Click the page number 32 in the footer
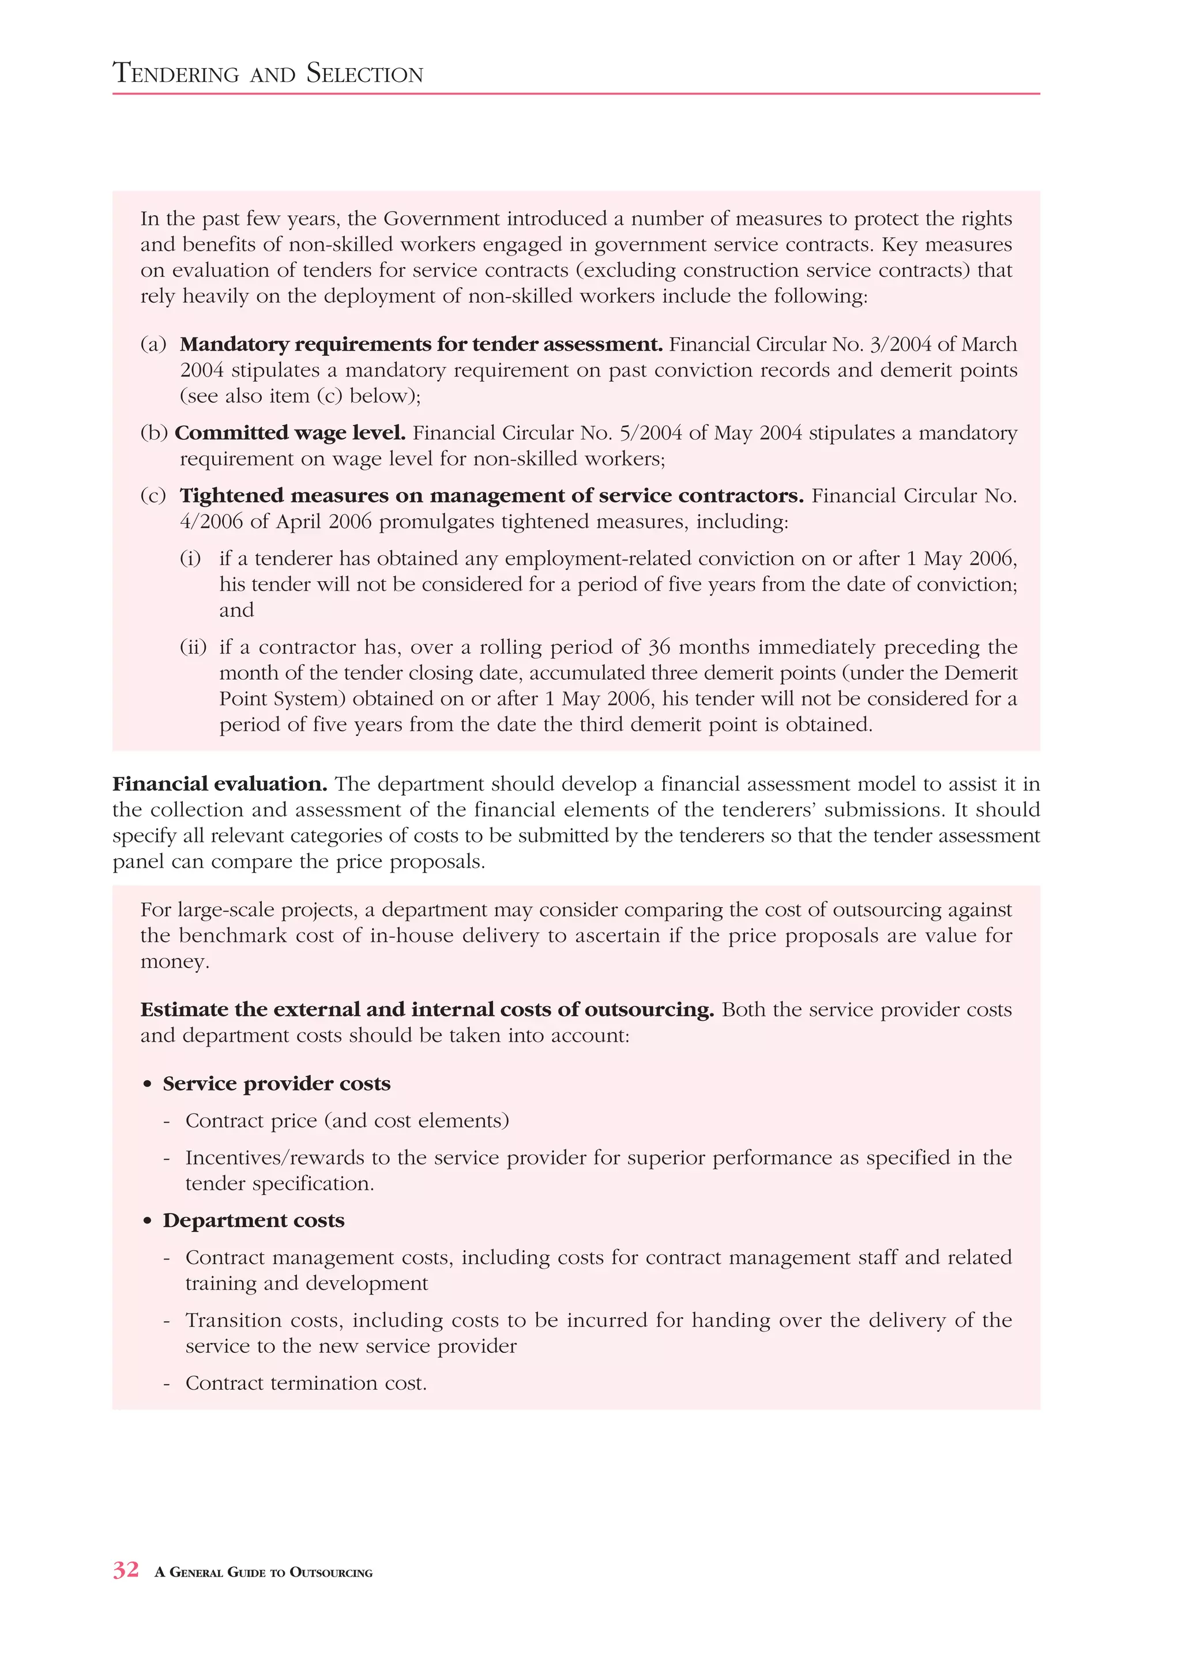coord(126,1570)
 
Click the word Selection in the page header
coord(364,73)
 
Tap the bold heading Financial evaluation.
coord(220,784)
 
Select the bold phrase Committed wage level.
coord(290,432)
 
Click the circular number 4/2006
coord(212,521)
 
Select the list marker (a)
coord(153,344)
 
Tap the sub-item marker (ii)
coord(193,646)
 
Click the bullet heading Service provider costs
coord(276,1084)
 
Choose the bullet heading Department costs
coord(253,1221)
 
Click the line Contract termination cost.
coord(306,1383)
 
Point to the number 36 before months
coord(659,646)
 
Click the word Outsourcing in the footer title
coord(331,1573)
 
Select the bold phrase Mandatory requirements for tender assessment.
coord(421,344)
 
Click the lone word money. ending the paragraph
coord(175,961)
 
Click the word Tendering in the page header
coord(176,73)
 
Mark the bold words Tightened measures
coord(284,495)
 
